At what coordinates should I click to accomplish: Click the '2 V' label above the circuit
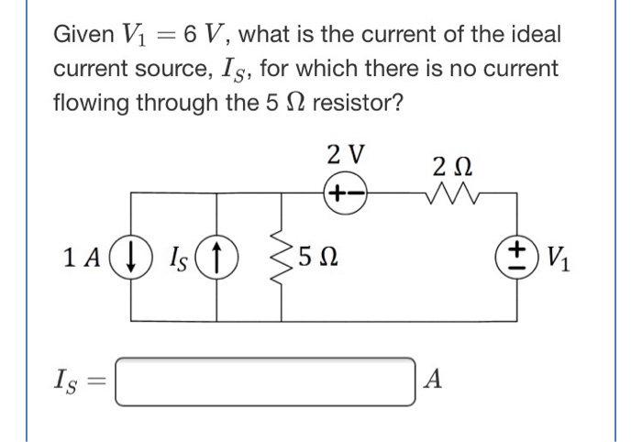point(346,154)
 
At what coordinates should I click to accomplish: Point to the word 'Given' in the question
point(83,36)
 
